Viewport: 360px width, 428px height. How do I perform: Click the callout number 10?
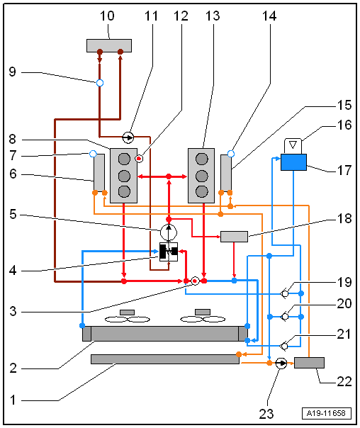coord(107,16)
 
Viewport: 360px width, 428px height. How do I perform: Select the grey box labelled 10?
coord(109,45)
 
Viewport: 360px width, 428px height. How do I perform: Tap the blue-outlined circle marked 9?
coord(100,83)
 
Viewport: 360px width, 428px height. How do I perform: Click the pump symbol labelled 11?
coord(128,137)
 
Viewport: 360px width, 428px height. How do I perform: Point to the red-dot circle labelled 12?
coord(139,158)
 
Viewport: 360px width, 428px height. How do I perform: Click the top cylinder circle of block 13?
coord(202,159)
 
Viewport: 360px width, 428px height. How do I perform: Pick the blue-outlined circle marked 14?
coord(231,154)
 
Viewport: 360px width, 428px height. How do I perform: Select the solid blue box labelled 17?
coord(293,162)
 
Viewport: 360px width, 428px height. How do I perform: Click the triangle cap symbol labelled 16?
coord(293,146)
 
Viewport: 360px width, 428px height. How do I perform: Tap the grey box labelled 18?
coord(234,237)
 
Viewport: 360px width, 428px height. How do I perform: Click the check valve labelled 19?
coord(284,293)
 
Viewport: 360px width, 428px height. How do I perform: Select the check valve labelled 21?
coord(284,346)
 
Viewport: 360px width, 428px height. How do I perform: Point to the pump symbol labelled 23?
coord(281,364)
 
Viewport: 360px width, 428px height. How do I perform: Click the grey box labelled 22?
coord(309,363)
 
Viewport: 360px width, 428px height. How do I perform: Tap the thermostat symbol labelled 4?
coord(169,252)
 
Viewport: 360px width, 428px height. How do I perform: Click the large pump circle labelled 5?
coord(169,232)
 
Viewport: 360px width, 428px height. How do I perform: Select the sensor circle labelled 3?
coord(195,281)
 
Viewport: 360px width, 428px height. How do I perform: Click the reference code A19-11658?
coord(326,413)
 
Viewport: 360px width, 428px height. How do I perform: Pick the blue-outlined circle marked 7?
coord(93,154)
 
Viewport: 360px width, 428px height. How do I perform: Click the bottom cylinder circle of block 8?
coord(124,191)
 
